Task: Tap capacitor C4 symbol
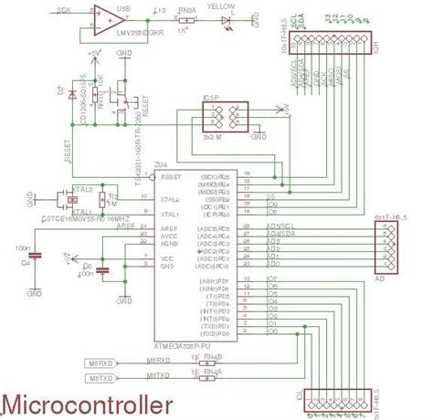[x=34, y=261]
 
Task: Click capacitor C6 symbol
[x=102, y=270]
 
